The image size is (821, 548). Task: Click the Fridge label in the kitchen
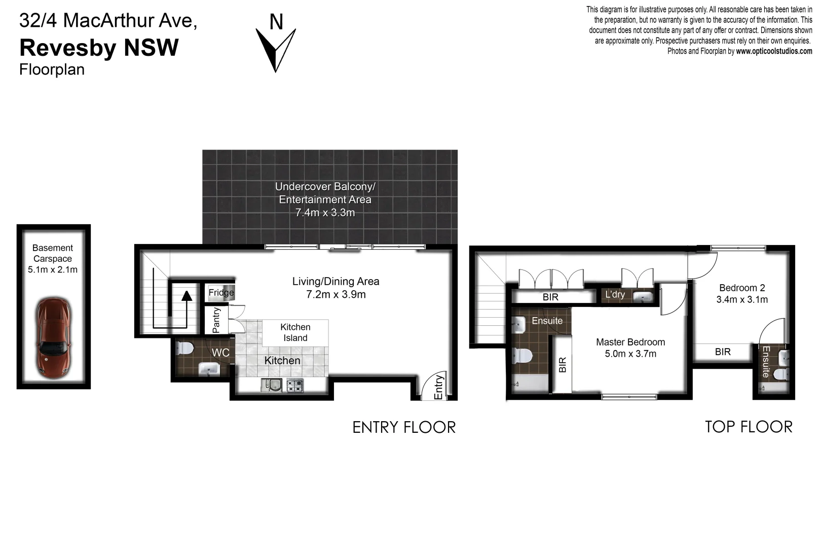(x=221, y=293)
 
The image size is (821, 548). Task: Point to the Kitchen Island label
(x=295, y=333)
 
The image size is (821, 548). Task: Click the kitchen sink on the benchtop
(x=271, y=386)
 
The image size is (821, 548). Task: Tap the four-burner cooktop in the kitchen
(x=295, y=386)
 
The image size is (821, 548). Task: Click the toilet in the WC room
(x=185, y=349)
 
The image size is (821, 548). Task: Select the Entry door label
(x=439, y=387)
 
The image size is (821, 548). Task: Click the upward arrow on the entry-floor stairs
(x=187, y=296)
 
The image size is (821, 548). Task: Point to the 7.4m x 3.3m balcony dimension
(x=325, y=213)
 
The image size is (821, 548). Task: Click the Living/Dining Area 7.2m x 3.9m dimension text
(x=335, y=295)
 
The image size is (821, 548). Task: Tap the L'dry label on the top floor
(x=615, y=295)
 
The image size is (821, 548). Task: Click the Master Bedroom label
(x=630, y=342)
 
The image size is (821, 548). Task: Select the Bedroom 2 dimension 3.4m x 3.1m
(x=741, y=300)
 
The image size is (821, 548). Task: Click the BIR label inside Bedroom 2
(x=723, y=352)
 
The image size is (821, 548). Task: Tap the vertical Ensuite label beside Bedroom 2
(x=766, y=362)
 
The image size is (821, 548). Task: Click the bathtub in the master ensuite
(x=530, y=385)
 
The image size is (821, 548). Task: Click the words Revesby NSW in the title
(x=99, y=48)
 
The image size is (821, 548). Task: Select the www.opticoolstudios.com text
(x=774, y=51)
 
